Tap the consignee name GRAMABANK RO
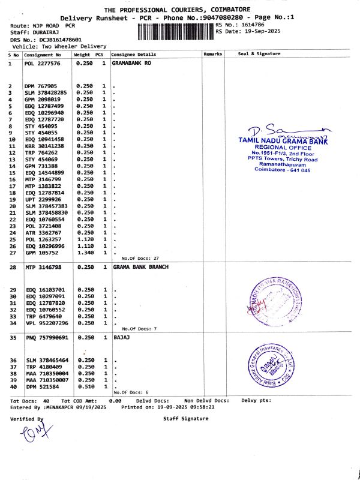tap(131, 62)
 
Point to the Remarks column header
tap(213, 54)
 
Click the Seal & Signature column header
tap(259, 54)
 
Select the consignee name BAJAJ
tap(121, 338)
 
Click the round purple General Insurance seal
tap(268, 366)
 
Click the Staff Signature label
tap(186, 418)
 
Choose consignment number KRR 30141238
tap(44, 146)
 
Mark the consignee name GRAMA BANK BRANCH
tap(140, 266)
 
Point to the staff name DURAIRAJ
tap(45, 32)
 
